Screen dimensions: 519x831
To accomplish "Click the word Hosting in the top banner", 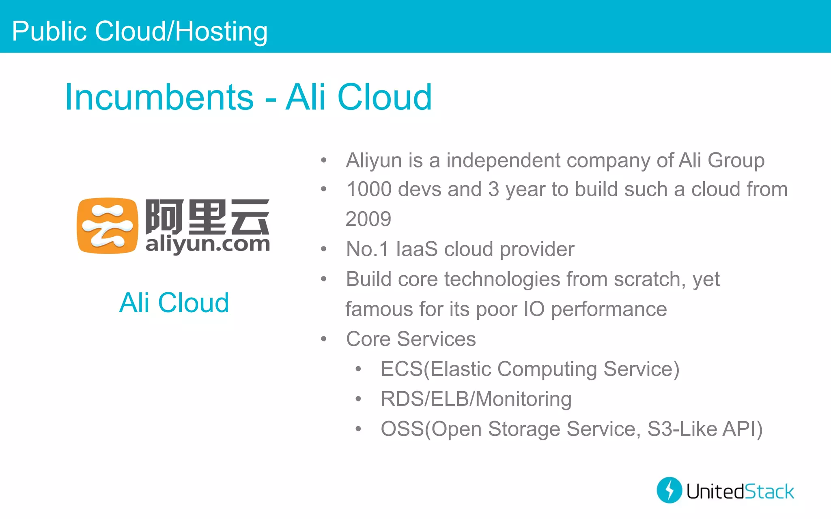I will [222, 32].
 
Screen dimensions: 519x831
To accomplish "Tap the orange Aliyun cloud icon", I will [107, 225].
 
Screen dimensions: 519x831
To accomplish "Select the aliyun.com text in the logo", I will [207, 244].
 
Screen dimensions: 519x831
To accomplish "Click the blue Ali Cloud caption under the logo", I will [174, 302].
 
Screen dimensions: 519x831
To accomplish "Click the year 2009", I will [368, 219].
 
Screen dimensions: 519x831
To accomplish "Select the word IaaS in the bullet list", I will [417, 249].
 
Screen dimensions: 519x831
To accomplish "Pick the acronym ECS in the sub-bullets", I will [401, 369].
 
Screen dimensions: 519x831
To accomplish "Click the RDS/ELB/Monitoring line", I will [476, 399].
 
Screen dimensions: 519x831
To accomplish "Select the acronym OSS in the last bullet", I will [402, 429].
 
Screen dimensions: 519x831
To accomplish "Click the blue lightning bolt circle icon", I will [669, 490].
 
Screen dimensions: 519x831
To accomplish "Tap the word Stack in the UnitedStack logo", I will [769, 491].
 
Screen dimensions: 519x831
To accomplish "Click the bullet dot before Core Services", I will [323, 339].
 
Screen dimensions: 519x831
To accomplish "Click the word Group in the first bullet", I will [736, 161].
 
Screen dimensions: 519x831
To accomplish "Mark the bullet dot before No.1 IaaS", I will [323, 249].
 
